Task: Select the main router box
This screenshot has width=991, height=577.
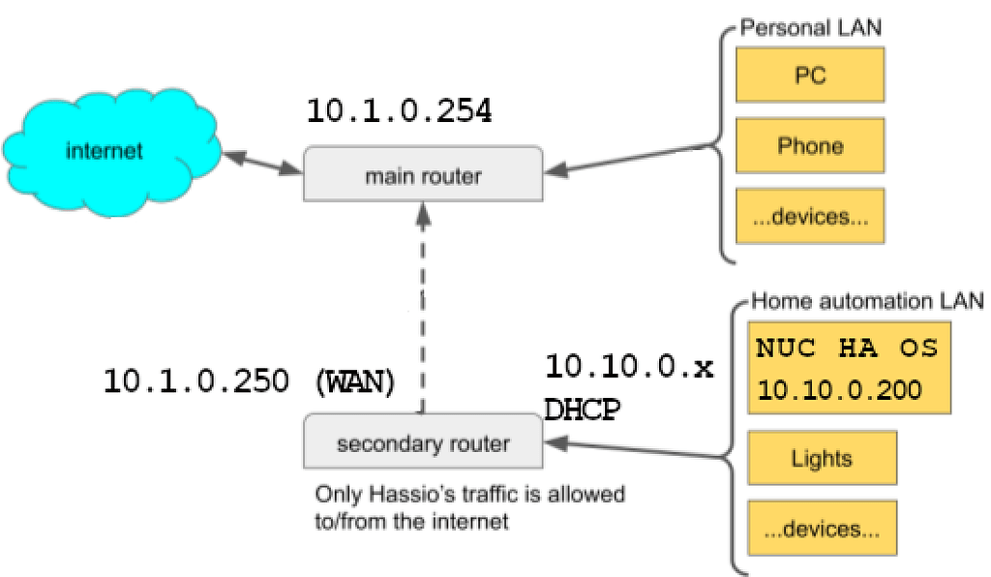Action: (x=423, y=174)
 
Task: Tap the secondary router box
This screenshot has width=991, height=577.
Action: (x=423, y=442)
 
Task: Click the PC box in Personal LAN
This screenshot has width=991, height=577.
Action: (x=810, y=75)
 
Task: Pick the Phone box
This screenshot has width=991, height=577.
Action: (x=810, y=145)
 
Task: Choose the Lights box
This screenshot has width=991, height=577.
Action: (x=821, y=458)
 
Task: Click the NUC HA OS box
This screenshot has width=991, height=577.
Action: (x=847, y=369)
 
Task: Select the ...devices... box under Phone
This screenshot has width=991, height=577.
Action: (x=810, y=216)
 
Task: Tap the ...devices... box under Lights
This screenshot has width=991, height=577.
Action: (x=821, y=529)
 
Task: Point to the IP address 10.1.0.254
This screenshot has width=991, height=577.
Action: (x=399, y=111)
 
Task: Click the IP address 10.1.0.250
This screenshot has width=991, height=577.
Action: (x=195, y=381)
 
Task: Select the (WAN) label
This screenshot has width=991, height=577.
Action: (x=355, y=381)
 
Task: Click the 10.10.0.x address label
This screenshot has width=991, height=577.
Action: (x=629, y=367)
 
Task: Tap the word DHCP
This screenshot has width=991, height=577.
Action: (x=582, y=410)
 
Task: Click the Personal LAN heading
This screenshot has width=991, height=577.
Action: (x=811, y=27)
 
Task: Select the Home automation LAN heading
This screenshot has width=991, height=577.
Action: (x=867, y=302)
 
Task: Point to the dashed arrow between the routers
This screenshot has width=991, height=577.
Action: (x=423, y=310)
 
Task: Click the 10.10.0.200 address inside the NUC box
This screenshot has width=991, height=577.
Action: (x=839, y=390)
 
